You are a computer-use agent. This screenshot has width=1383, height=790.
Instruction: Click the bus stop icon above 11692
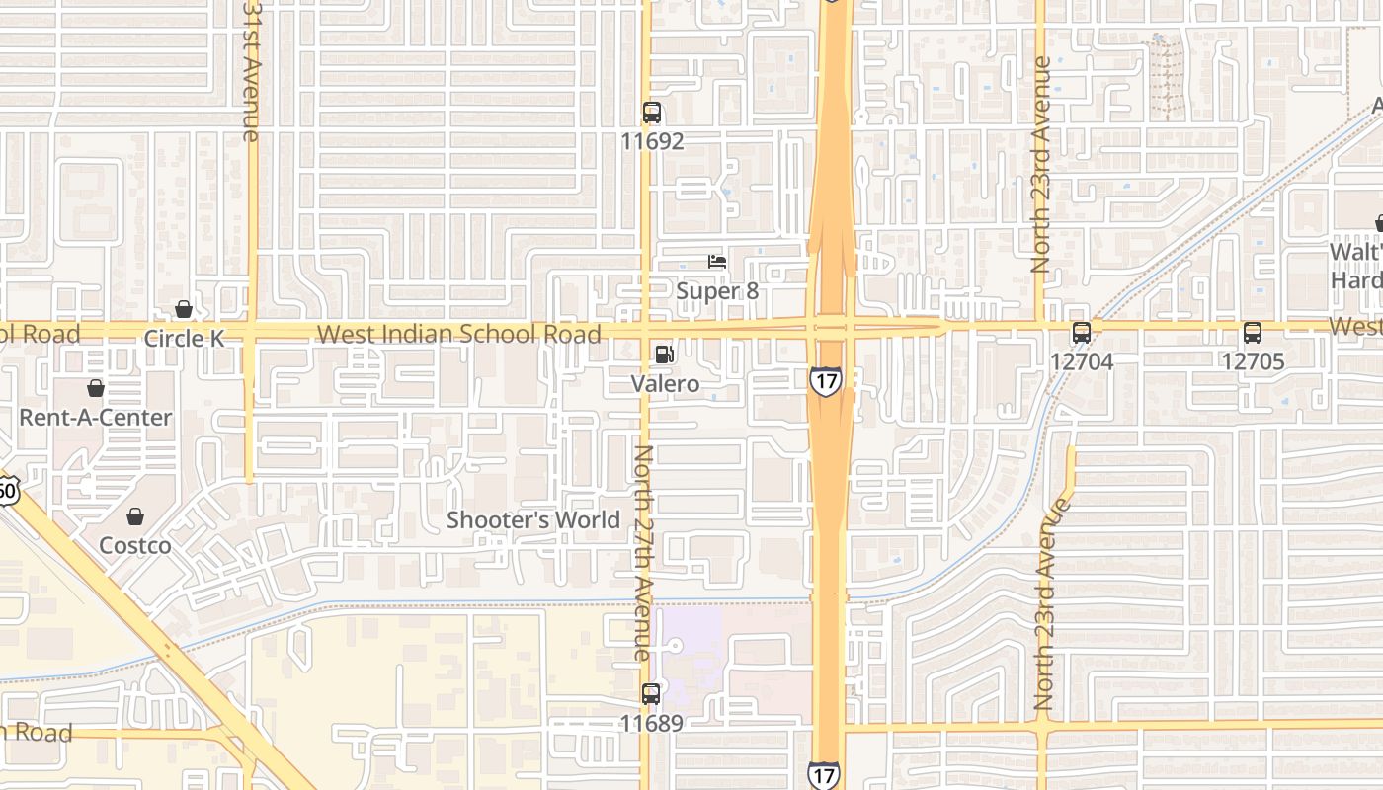652,112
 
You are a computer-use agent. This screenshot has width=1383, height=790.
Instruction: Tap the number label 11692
652,141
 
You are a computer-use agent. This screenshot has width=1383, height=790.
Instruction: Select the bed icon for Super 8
717,262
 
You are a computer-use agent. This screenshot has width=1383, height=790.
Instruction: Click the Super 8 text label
723,292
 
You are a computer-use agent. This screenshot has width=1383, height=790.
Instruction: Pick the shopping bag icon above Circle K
183,309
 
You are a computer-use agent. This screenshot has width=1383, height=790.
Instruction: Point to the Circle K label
185,339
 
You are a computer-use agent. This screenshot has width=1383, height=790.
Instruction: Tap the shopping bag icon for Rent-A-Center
96,388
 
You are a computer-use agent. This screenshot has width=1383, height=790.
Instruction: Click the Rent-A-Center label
96,418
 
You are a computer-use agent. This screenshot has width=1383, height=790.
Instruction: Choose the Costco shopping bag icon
135,516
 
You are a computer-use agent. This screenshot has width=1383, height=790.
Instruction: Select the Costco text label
135,545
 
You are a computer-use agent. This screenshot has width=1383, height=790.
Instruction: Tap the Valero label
665,384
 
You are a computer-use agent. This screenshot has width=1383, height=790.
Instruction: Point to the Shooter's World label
533,520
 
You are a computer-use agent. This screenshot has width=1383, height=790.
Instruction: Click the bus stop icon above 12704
1082,333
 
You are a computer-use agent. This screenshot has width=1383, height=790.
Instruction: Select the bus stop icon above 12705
1253,333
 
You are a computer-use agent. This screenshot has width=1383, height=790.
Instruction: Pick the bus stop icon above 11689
651,694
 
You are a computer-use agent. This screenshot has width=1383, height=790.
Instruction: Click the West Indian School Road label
459,334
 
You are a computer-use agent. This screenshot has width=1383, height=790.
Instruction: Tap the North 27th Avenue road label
642,553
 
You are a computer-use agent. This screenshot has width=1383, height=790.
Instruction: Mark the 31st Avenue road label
252,69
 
